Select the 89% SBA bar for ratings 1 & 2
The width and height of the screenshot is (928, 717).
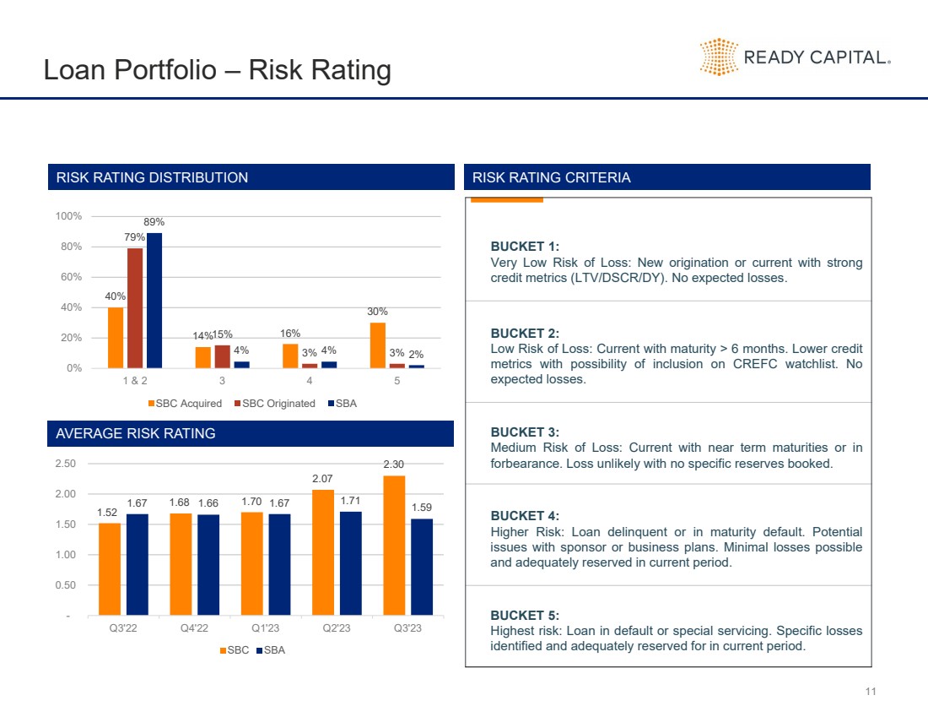pos(154,300)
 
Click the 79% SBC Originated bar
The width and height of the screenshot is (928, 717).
pos(135,307)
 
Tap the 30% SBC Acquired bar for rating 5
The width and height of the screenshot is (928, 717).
pos(377,345)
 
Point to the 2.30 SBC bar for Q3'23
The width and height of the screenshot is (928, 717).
pos(394,545)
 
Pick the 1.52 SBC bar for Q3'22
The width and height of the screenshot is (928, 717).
pos(110,568)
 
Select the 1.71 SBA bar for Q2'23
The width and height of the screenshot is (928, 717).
pos(350,562)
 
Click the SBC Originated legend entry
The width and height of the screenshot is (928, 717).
pos(274,404)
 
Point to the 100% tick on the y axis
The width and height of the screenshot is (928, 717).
pos(69,216)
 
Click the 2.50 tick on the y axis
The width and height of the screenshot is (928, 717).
pos(64,464)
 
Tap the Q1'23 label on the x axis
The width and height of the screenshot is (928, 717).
pos(266,629)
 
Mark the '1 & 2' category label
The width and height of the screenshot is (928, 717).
pos(135,381)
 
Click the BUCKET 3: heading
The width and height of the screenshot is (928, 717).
pos(525,432)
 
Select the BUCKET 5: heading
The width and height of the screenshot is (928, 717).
pos(525,615)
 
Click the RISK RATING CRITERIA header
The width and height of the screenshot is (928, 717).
pos(552,177)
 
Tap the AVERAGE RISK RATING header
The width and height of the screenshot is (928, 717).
pos(136,433)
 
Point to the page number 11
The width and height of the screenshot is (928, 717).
pos(871,693)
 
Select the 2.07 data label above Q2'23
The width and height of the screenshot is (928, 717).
pos(324,480)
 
